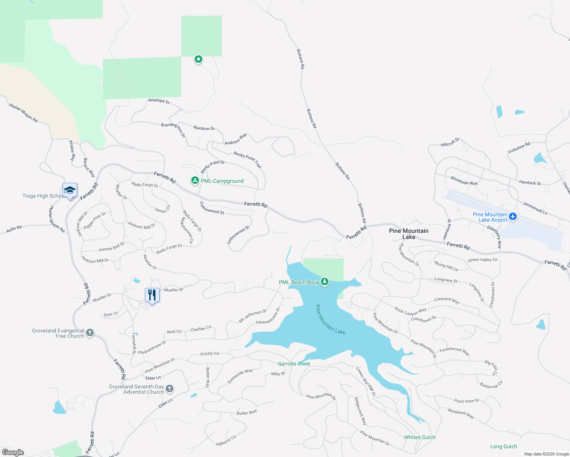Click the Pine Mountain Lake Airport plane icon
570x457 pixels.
coord(513,217)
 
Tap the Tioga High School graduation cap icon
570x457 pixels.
coord(70,190)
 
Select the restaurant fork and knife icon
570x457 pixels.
coord(152,295)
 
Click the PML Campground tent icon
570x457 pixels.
coord(195,181)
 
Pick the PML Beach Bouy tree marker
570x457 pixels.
coord(325,282)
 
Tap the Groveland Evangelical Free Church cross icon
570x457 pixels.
coord(90,333)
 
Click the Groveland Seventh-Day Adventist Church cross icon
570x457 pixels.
coord(170,389)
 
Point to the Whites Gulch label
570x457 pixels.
coord(419,437)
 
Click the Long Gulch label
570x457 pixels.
coord(503,446)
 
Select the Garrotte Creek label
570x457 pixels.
coord(294,364)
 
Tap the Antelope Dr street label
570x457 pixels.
coord(159,101)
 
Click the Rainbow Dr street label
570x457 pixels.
coord(204,128)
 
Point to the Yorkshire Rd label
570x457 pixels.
coord(519,148)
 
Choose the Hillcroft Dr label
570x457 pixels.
coord(450,142)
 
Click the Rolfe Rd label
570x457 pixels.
coord(14,229)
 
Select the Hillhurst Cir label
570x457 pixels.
coord(226,441)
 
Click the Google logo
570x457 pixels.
coord(13,452)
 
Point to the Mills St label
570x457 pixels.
coord(278,374)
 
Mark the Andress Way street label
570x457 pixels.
coord(235,139)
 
